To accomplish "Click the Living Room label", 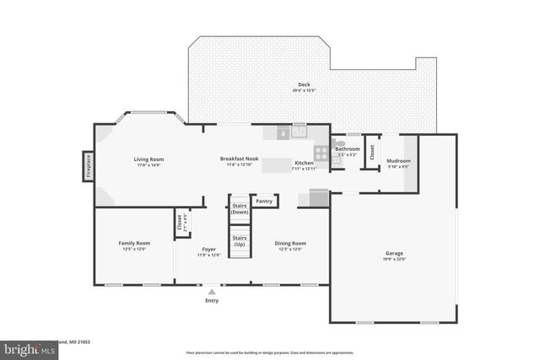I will pyautogui.click(x=148, y=159).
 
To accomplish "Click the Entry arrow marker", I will pyautogui.click(x=211, y=292).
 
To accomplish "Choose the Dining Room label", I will pyautogui.click(x=290, y=243).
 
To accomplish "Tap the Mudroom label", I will pyautogui.click(x=398, y=160).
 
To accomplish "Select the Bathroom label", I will pyautogui.click(x=348, y=148).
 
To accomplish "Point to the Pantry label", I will pyautogui.click(x=265, y=201).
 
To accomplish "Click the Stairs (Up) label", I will pyautogui.click(x=240, y=239).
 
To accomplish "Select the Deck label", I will pyautogui.click(x=305, y=84).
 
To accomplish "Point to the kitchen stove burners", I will pyautogui.click(x=321, y=153).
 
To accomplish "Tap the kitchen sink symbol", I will pyautogui.click(x=300, y=132).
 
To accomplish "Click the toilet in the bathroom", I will pyautogui.click(x=335, y=144).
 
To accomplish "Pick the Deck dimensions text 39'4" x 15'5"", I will pyautogui.click(x=305, y=89).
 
